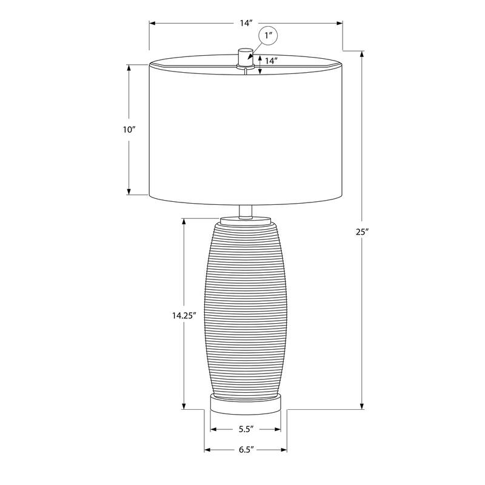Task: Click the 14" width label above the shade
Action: tap(247, 23)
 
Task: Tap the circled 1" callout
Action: tap(268, 36)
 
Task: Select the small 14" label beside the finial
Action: tap(270, 61)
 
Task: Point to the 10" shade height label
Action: tap(129, 130)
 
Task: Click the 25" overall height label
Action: tap(362, 232)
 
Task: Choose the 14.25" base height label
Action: tap(184, 315)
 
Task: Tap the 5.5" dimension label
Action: tap(246, 429)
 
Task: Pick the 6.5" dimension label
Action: tap(246, 449)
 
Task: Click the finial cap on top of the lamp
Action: tap(246, 56)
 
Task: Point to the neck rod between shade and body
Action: tap(246, 212)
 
